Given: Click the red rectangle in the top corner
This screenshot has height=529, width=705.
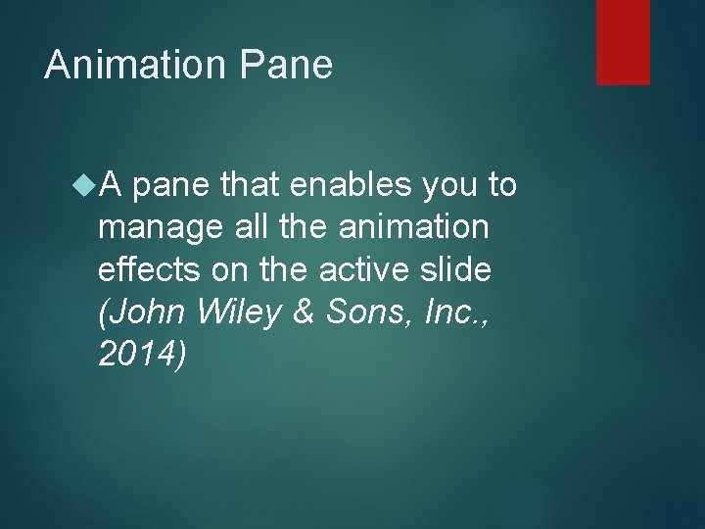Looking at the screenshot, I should click(x=623, y=41).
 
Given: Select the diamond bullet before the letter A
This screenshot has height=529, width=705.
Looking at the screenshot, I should click(x=84, y=183).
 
